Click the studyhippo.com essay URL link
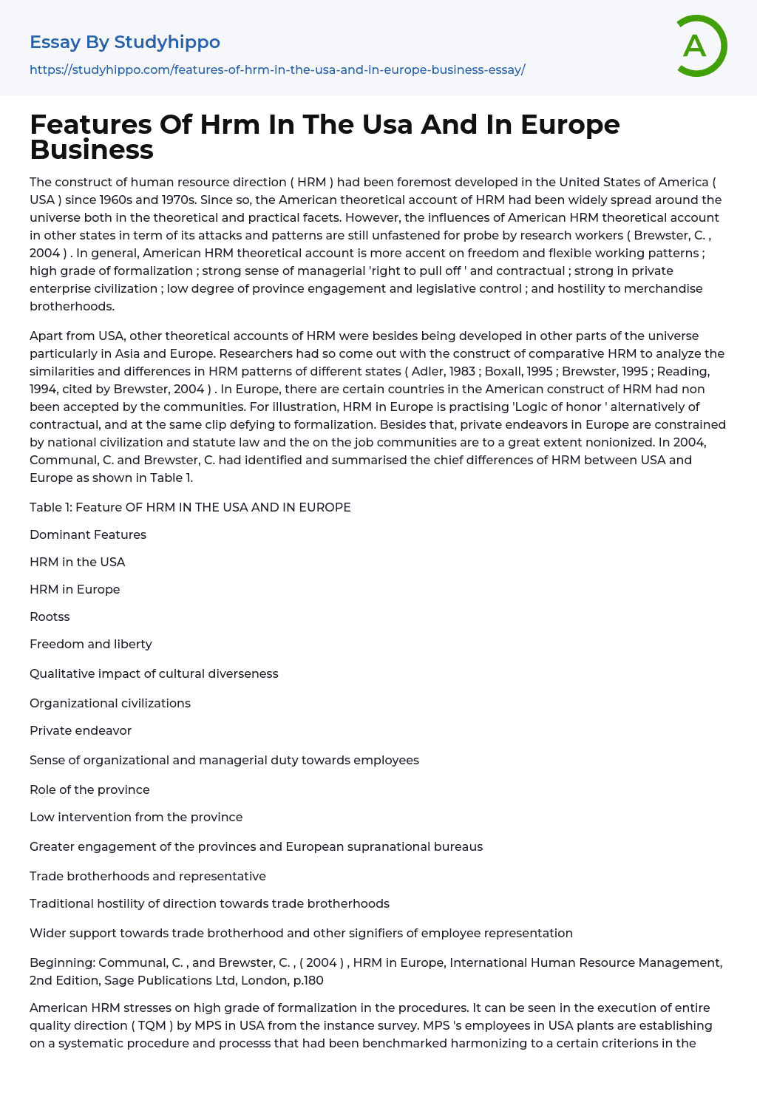277,70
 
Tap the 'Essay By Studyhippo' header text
125,42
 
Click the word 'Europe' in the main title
570,124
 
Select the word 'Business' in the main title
92,149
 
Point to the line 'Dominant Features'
88,534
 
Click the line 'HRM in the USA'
78,562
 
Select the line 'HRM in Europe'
75,589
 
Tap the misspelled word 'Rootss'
50,616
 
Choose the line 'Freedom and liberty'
91,644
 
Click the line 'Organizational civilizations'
110,703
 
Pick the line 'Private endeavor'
81,730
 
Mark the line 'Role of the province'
89,789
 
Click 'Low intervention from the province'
136,817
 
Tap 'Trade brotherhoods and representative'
148,876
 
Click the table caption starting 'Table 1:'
190,507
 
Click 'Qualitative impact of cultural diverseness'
154,673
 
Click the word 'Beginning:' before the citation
62,962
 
